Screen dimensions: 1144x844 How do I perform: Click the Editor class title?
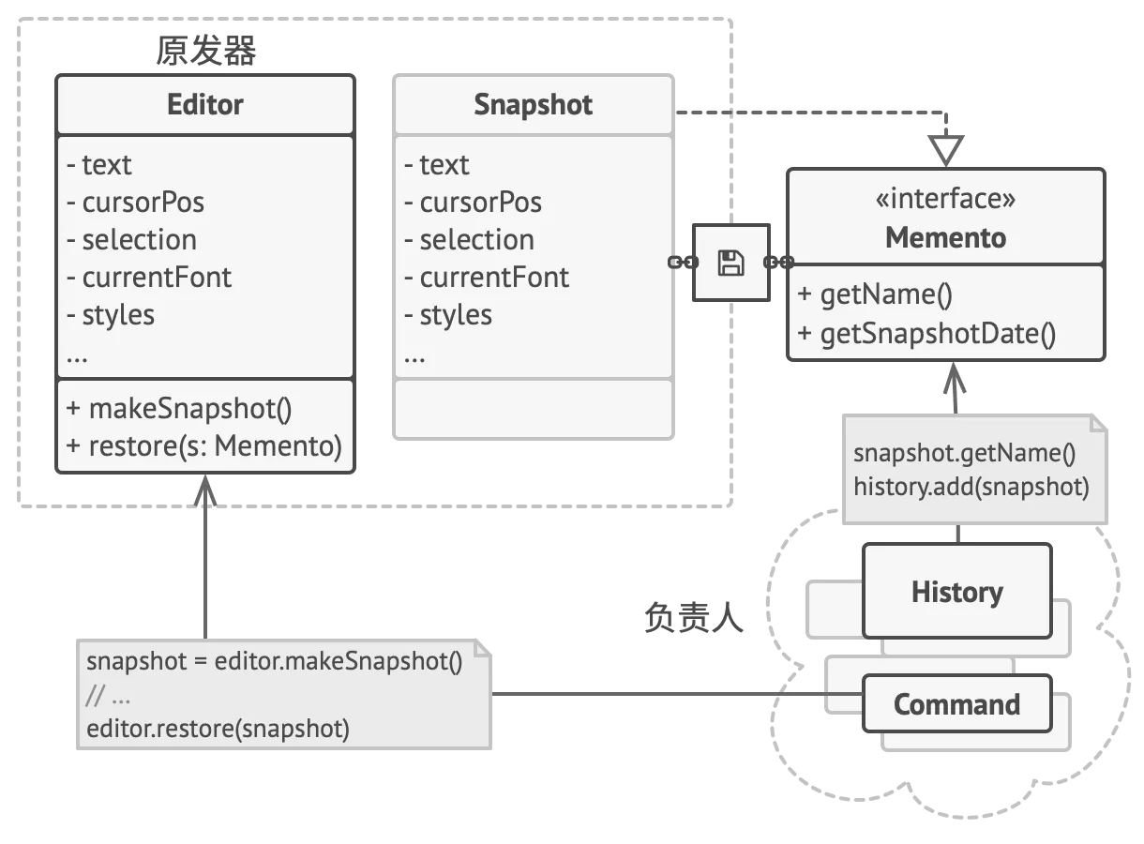(x=205, y=105)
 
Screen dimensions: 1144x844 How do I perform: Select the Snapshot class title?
(x=534, y=105)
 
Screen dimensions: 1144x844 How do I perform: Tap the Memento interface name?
(x=946, y=237)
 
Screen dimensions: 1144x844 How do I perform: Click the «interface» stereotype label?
(x=946, y=198)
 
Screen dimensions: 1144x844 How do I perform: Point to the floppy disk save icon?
(x=731, y=263)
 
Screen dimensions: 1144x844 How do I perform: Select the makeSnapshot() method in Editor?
(x=179, y=409)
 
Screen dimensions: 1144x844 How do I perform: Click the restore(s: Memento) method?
(x=203, y=446)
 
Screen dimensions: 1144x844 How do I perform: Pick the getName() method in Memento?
(x=875, y=294)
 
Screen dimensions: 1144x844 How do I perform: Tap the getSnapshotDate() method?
(x=926, y=334)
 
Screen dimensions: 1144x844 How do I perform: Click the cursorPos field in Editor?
(x=135, y=203)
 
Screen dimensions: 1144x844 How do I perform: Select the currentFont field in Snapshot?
(x=486, y=278)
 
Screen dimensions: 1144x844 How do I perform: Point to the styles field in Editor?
(x=111, y=315)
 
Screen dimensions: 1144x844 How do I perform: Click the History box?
(x=957, y=591)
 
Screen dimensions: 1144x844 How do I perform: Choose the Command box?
(x=957, y=704)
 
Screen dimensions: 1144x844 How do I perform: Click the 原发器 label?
(x=205, y=51)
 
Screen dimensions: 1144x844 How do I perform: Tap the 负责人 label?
(x=694, y=617)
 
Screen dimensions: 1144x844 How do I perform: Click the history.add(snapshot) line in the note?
(x=971, y=487)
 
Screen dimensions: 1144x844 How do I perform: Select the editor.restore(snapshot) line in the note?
(x=218, y=729)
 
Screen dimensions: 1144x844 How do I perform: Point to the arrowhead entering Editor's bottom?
(x=205, y=490)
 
